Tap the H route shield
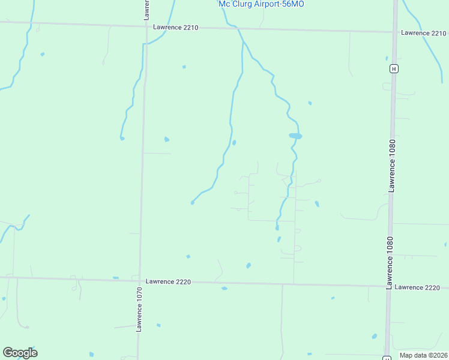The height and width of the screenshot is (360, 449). click(x=393, y=68)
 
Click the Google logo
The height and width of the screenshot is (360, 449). click(x=20, y=353)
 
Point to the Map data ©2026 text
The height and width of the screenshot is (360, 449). click(x=423, y=355)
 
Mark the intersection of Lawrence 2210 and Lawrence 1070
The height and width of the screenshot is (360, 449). click(x=146, y=26)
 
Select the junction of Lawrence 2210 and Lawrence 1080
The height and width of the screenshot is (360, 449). click(x=394, y=32)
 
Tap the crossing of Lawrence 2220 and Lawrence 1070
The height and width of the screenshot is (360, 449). click(x=140, y=280)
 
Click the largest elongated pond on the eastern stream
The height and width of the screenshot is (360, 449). click(x=295, y=136)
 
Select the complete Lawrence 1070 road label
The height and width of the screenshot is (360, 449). click(x=139, y=310)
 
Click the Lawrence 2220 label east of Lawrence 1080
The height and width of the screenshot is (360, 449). click(x=418, y=287)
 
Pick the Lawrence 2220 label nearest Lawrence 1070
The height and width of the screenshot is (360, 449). click(x=168, y=281)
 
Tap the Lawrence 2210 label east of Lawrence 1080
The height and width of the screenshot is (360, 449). click(x=424, y=33)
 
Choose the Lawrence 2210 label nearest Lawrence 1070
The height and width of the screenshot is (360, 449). click(x=175, y=28)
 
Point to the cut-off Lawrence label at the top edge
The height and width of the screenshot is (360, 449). click(x=146, y=9)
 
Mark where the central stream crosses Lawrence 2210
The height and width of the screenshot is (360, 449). click(x=238, y=29)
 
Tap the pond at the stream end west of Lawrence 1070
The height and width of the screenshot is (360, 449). click(x=122, y=139)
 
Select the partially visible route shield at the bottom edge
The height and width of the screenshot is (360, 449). click(x=384, y=358)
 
